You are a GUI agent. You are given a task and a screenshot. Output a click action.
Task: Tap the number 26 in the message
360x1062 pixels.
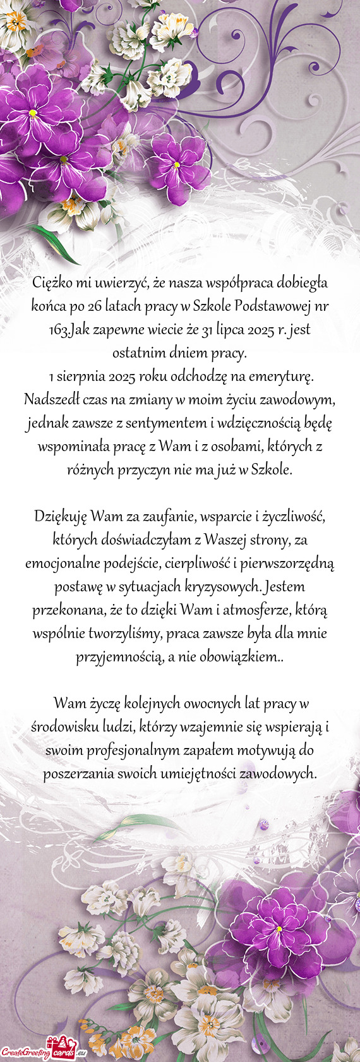(95, 306)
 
